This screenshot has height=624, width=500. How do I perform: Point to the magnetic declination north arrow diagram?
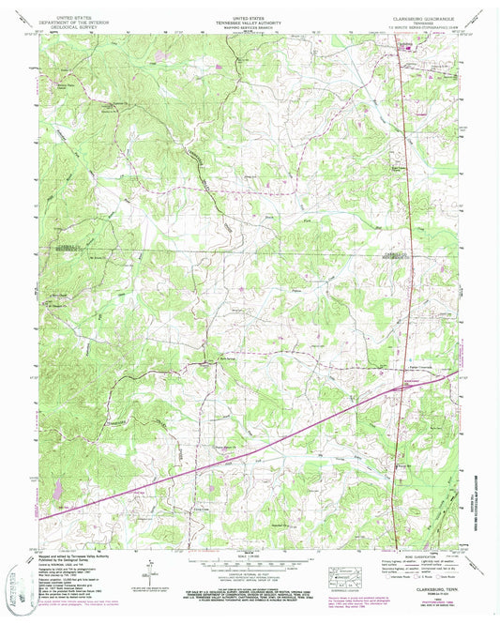point(149,572)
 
